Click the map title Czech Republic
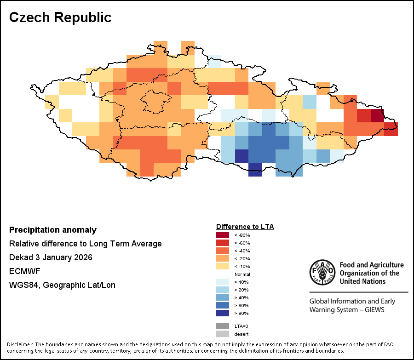[60, 17]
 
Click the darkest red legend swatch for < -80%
[223, 235]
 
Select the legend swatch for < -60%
[223, 243]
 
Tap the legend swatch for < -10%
[223, 266]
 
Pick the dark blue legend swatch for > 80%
[223, 313]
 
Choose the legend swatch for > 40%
[223, 297]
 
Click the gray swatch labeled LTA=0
[223, 326]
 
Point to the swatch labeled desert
[223, 334]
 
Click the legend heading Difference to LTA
[245, 227]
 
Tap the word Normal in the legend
[242, 274]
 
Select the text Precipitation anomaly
[53, 230]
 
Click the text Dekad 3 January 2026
[51, 257]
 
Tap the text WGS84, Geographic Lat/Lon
[62, 285]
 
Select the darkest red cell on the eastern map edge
[377, 115]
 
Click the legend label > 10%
[241, 282]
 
